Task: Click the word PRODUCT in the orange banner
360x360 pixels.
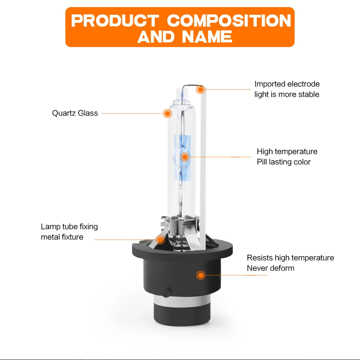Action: [x=115, y=21]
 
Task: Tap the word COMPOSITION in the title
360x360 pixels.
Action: [x=229, y=21]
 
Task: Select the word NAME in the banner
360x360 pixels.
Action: [x=207, y=37]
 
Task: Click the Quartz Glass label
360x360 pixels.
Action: [x=75, y=113]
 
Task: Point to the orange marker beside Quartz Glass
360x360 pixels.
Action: [x=168, y=113]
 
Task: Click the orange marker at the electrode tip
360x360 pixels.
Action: [x=200, y=90]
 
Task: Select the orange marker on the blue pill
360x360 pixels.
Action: [x=184, y=157]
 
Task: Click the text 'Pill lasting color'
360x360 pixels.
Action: [x=284, y=162]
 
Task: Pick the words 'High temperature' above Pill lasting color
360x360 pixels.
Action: [x=287, y=151]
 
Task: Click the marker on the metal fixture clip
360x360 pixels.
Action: [x=160, y=240]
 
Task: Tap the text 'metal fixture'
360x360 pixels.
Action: [x=62, y=237]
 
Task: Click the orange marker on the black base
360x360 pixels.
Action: [x=201, y=275]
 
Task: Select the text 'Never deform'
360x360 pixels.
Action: [x=270, y=268]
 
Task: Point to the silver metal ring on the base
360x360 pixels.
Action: [x=182, y=300]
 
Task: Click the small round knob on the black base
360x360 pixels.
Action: [x=166, y=293]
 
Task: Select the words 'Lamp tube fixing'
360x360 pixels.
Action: [x=70, y=227]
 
